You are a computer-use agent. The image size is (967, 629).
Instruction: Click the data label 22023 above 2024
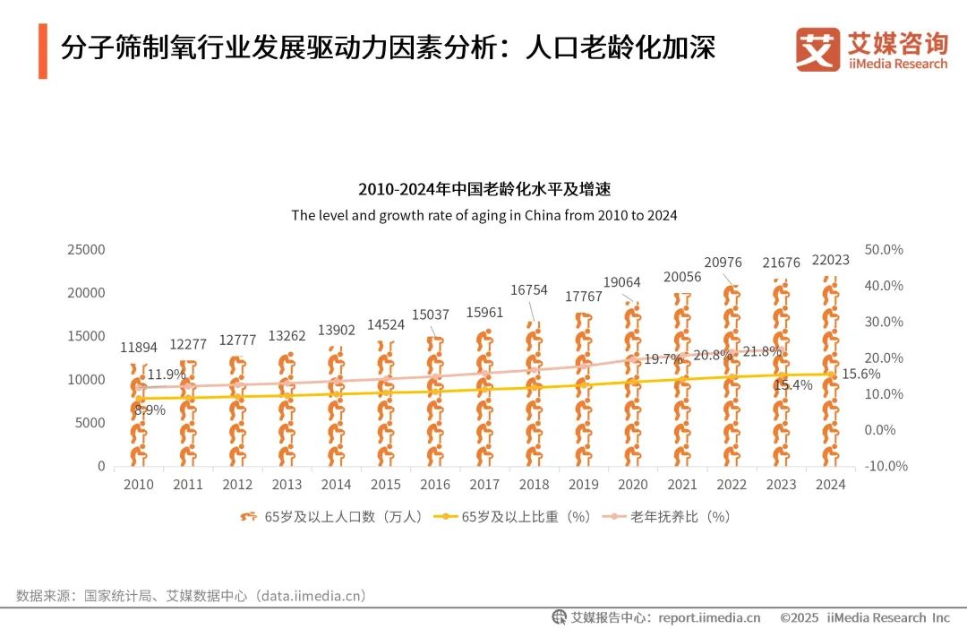830,260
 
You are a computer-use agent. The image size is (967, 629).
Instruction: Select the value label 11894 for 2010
139,347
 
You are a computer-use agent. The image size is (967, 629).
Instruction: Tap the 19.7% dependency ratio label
663,359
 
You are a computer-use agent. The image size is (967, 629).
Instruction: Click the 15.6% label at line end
860,374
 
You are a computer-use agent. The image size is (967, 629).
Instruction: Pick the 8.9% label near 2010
150,409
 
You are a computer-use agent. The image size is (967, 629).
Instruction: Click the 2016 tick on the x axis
435,485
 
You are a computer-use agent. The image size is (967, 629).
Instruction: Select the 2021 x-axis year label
682,485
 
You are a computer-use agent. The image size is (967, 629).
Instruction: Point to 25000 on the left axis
86,249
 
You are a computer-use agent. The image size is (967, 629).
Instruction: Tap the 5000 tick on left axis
90,423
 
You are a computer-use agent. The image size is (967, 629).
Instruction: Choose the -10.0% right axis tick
886,466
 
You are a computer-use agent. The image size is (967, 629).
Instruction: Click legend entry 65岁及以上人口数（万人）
331,517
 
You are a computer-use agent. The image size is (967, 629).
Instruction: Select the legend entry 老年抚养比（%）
666,517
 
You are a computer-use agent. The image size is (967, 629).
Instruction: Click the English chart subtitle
483,215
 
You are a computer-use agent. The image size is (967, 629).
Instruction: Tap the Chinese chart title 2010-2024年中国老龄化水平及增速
483,189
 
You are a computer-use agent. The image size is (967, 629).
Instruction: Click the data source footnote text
192,595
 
